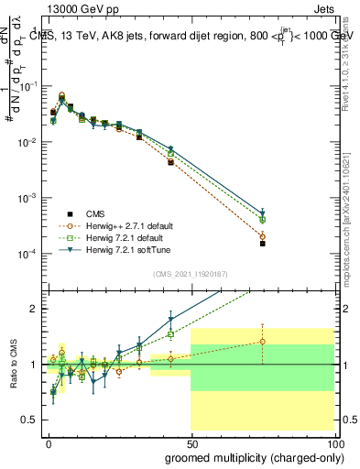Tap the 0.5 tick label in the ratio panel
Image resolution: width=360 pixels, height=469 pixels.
(x=30, y=420)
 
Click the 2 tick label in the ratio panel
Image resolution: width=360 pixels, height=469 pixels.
(x=34, y=309)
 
